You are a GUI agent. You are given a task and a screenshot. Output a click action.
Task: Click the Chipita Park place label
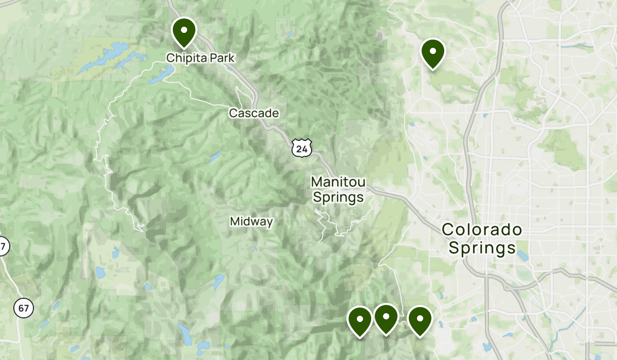pyautogui.click(x=200, y=59)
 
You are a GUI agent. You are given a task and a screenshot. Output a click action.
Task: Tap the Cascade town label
pyautogui.click(x=254, y=113)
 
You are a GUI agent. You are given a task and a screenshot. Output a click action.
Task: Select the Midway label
pyautogui.click(x=251, y=222)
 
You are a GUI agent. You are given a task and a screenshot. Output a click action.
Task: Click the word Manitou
pyautogui.click(x=338, y=182)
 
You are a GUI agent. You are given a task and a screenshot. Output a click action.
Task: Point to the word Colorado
pyautogui.click(x=482, y=229)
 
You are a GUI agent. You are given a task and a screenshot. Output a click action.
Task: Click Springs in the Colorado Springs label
pyautogui.click(x=482, y=248)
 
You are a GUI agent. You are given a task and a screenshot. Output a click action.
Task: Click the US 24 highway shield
pyautogui.click(x=301, y=149)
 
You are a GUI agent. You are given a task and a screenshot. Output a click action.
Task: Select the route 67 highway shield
pyautogui.click(x=24, y=309)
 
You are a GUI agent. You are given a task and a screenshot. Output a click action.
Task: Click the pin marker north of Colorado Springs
pyautogui.click(x=432, y=52)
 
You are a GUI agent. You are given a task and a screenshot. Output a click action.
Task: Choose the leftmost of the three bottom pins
pyautogui.click(x=360, y=320)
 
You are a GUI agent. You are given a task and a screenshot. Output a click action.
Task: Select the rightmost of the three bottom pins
pyautogui.click(x=420, y=320)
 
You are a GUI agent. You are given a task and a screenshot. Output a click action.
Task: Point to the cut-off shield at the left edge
pyautogui.click(x=3, y=246)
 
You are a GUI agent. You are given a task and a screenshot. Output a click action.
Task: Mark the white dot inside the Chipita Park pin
pyautogui.click(x=184, y=30)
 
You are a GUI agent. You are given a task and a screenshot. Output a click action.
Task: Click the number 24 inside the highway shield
pyautogui.click(x=301, y=149)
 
